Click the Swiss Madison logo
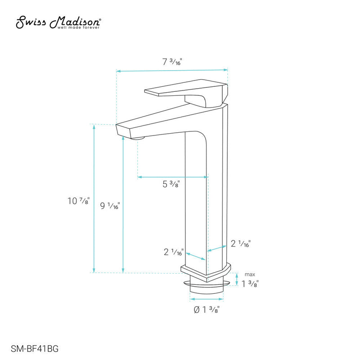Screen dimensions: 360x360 click(x=58, y=21)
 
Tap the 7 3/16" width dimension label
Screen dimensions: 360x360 click(x=172, y=63)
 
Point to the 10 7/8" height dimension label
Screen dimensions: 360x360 click(x=79, y=201)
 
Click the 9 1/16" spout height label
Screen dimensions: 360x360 click(x=110, y=206)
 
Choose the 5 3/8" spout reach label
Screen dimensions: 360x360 click(x=171, y=184)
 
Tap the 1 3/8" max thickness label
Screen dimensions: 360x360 click(x=250, y=283)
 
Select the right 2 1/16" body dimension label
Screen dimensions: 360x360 click(x=240, y=244)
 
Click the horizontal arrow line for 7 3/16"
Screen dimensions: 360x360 click(x=172, y=70)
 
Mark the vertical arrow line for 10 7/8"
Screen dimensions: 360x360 click(x=94, y=198)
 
